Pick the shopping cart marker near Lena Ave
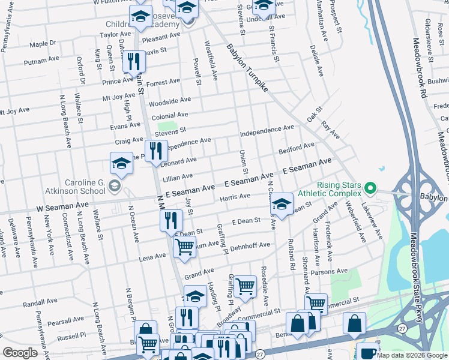(x=184, y=245)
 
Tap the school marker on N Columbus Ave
(x=282, y=204)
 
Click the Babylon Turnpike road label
(x=249, y=67)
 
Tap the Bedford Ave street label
(x=297, y=148)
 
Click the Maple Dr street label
(x=43, y=44)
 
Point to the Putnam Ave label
(x=40, y=62)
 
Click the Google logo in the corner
(x=20, y=352)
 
